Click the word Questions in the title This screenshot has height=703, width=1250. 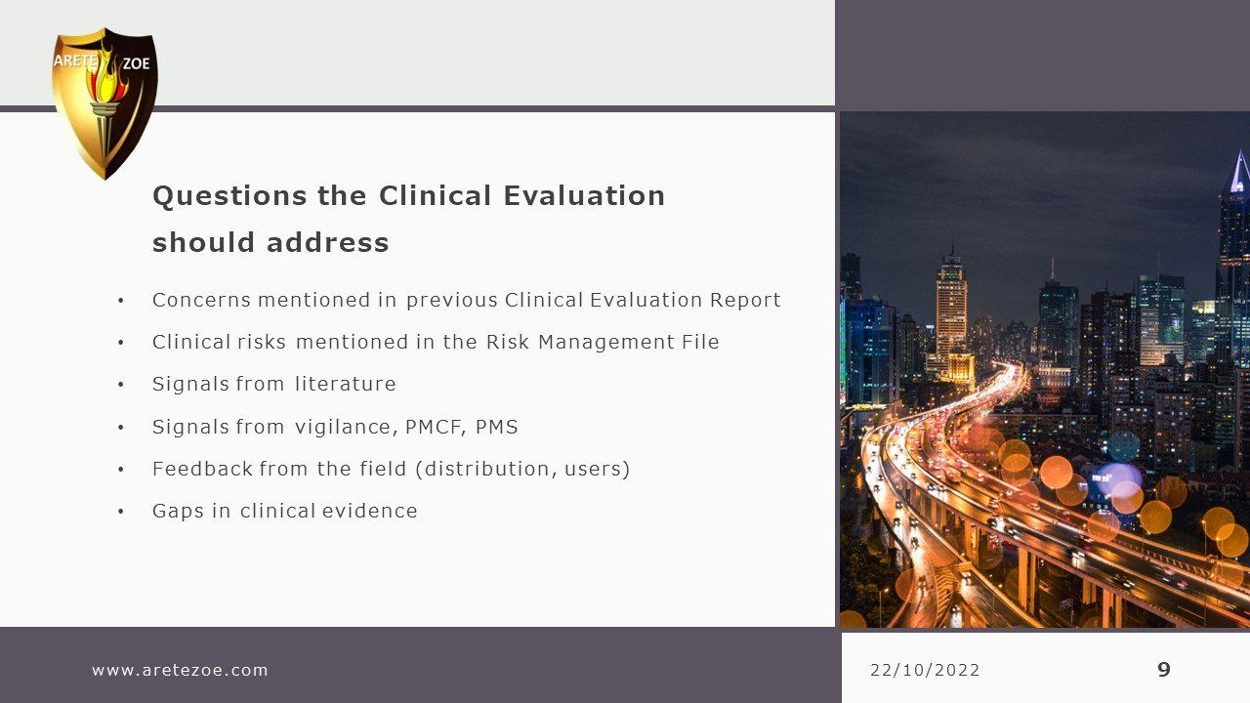point(229,196)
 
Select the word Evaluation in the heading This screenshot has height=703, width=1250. point(584,196)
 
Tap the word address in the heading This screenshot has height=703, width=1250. point(327,243)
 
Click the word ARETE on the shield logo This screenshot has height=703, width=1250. point(75,61)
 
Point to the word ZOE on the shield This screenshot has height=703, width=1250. point(136,63)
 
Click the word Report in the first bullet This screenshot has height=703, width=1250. point(745,301)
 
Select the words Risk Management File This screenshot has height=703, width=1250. point(603,342)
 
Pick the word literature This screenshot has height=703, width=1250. point(346,384)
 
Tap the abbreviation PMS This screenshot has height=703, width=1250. point(497,427)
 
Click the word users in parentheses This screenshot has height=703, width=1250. point(593,470)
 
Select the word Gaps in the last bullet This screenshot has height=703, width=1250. point(178,511)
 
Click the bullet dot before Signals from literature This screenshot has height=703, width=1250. point(120,385)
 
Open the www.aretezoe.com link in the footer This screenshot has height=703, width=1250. point(180,670)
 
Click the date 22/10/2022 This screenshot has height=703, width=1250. point(925,670)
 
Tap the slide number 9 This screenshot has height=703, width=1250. point(1163,669)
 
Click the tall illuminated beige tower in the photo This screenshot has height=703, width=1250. point(951,312)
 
